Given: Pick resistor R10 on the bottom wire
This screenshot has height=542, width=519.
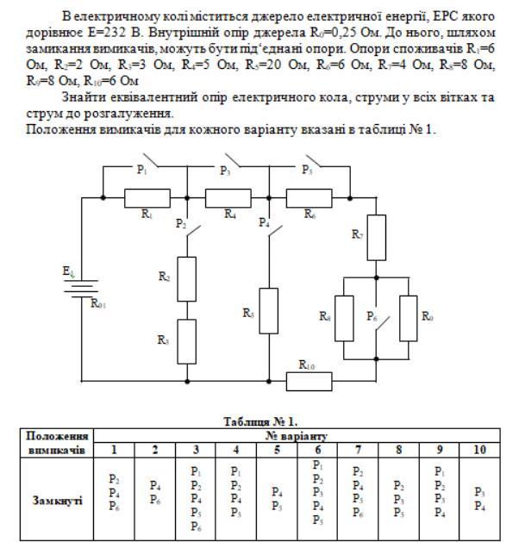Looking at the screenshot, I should click(310, 377).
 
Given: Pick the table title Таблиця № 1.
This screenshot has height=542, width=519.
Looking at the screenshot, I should click(259, 421).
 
